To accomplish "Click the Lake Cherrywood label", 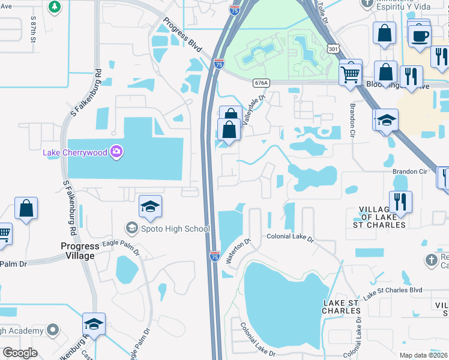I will [x=74, y=152].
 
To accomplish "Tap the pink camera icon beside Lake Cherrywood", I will [x=116, y=152].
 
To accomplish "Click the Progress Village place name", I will [x=77, y=251].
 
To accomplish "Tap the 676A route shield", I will [x=260, y=83].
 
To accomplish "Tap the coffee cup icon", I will [x=418, y=34].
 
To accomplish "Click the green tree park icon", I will [x=55, y=7].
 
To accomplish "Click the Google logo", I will [x=20, y=353].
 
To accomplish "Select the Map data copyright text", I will [x=424, y=355].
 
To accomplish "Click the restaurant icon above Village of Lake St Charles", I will [x=400, y=202].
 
